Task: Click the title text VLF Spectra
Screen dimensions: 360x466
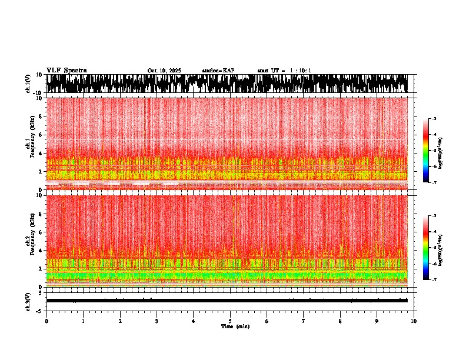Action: tap(66, 70)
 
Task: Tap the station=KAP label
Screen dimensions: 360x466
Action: tap(218, 71)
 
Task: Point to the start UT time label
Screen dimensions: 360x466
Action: tap(284, 71)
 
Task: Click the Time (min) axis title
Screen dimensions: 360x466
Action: tap(235, 326)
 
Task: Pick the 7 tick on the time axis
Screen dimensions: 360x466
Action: tap(304, 321)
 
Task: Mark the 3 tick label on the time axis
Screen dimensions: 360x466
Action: tap(157, 321)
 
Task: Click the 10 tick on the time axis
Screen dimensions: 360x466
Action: tap(414, 321)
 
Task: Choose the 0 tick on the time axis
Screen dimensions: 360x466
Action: tap(46, 321)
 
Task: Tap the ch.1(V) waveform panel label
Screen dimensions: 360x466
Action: tap(28, 84)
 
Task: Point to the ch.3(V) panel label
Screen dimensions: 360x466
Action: tap(28, 301)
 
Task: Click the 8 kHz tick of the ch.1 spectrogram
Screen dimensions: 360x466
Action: tap(40, 116)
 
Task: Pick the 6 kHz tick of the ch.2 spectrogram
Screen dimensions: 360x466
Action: tap(40, 232)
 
